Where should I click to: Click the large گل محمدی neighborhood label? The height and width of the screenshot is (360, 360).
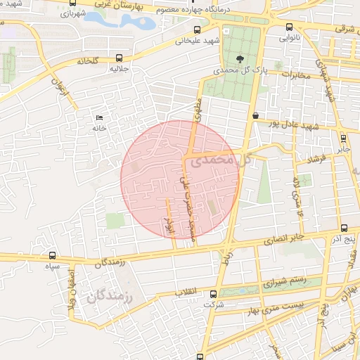pyautogui.click(x=210, y=160)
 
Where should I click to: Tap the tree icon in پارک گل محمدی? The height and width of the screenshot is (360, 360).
pyautogui.click(x=241, y=60)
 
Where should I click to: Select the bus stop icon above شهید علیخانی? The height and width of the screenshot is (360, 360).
pyautogui.click(x=197, y=30)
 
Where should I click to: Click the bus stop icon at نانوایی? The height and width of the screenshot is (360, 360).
pyautogui.click(x=290, y=27)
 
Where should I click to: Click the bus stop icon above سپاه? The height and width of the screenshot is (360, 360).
pyautogui.click(x=53, y=256)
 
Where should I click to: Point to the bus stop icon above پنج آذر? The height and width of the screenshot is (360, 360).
pyautogui.click(x=344, y=228)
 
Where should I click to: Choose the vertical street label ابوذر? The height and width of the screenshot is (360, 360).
pyautogui.click(x=168, y=224)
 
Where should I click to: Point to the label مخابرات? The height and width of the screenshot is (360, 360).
pyautogui.click(x=290, y=74)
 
